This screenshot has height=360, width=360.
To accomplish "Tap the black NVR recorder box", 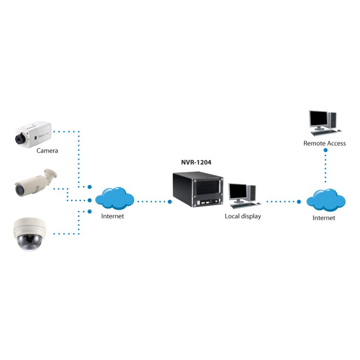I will point(198,191).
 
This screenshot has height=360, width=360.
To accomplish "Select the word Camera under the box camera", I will point(47,151).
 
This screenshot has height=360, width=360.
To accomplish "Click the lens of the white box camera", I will point(20,139).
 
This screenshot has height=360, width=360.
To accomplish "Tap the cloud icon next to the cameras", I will point(115,198).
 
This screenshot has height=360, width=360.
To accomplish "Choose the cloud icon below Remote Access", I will point(325,200).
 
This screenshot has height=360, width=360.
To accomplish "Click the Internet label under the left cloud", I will point(112,216).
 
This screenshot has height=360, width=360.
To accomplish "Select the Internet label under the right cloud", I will point(324,218).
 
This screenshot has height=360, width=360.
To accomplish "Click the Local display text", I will point(243,216).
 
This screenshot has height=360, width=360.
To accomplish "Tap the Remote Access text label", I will point(324,144).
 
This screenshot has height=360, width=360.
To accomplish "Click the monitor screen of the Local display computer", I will point(238,192).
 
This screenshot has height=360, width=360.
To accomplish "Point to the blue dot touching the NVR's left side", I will point(170,202).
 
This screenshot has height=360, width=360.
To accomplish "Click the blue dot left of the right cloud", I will point(298,202).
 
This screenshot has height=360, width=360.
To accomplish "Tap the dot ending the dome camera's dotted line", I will point(90,211).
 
